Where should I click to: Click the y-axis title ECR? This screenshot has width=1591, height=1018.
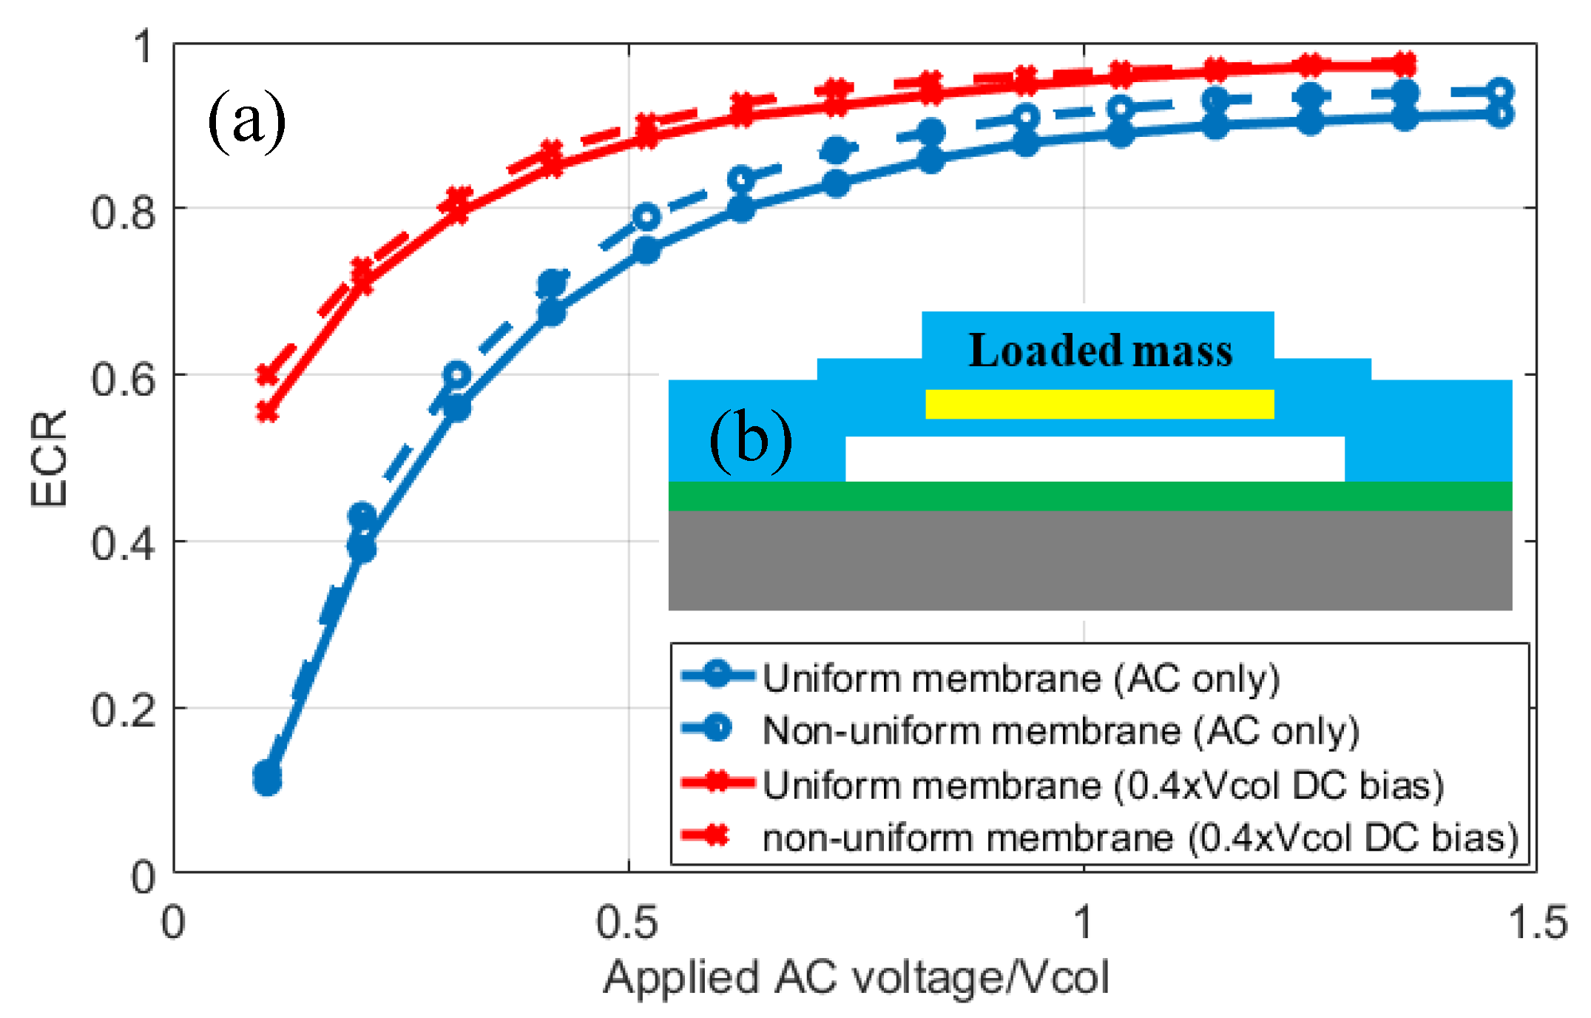(x=49, y=458)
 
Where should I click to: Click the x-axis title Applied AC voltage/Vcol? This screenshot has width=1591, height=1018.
(x=856, y=977)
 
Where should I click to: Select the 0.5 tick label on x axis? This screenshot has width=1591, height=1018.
(x=627, y=923)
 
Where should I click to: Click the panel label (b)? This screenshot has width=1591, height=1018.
(x=750, y=439)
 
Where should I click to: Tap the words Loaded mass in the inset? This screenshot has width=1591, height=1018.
(x=1100, y=350)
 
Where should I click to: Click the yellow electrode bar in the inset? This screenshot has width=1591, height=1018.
(x=1099, y=404)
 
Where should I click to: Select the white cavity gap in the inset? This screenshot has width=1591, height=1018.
(x=1095, y=459)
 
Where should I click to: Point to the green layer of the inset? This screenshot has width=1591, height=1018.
(x=1090, y=496)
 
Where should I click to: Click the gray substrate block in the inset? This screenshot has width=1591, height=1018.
(x=1090, y=560)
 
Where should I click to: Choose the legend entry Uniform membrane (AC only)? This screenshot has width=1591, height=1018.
(x=1021, y=678)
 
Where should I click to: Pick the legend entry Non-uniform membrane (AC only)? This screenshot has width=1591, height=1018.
(x=1060, y=731)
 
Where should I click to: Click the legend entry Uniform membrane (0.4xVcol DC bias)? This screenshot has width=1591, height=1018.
(x=1102, y=785)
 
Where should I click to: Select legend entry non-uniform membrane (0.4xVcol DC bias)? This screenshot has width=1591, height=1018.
(x=1139, y=838)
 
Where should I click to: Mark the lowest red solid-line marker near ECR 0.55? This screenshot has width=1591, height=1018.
(x=267, y=412)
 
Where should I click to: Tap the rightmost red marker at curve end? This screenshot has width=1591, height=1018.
(x=1404, y=64)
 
